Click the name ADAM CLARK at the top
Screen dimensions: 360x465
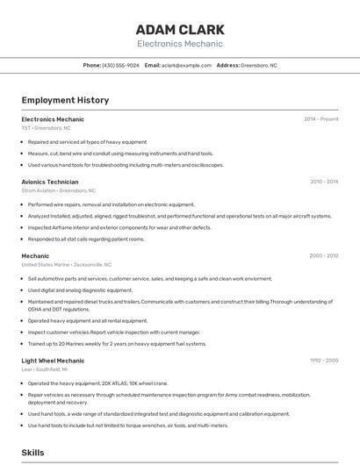[180, 29]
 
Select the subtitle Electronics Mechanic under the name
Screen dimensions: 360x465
[180, 44]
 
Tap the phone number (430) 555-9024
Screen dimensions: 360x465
[120, 66]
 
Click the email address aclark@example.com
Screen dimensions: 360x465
[186, 66]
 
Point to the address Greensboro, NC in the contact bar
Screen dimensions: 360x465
[258, 66]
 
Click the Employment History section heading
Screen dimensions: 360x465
[65, 100]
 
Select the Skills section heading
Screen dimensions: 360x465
[33, 453]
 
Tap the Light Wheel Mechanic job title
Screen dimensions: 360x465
[53, 361]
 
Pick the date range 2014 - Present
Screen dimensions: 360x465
[320, 118]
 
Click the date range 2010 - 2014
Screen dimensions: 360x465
[324, 182]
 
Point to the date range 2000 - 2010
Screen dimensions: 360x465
[323, 255]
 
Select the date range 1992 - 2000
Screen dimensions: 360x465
[323, 361]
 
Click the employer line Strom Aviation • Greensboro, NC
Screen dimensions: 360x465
[58, 190]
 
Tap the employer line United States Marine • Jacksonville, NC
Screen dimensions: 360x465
[66, 264]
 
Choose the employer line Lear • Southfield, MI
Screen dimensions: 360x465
[47, 369]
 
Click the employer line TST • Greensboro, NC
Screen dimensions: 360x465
[46, 127]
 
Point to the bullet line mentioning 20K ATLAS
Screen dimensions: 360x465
[97, 383]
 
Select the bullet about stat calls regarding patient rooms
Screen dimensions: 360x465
[85, 239]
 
